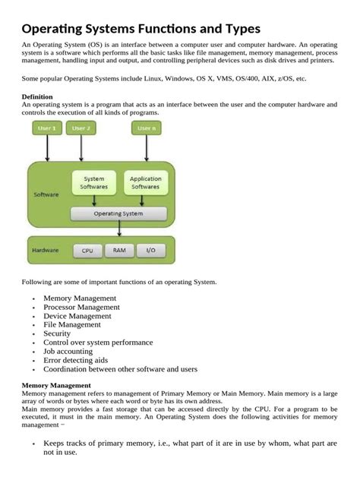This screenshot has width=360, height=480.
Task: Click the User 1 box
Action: tap(47, 128)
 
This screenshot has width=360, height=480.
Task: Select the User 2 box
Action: tap(81, 128)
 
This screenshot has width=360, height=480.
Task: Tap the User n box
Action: tap(146, 128)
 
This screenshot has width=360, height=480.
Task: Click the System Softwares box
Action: tap(94, 183)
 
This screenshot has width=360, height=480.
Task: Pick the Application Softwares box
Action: tap(145, 183)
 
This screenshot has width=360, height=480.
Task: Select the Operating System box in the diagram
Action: tap(118, 213)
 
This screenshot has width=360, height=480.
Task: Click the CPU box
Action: tap(87, 250)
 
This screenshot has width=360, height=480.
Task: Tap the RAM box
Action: tap(119, 249)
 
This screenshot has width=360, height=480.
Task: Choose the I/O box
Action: tap(150, 249)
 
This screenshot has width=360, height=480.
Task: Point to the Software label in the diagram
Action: tap(46, 194)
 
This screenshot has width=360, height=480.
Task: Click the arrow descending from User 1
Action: tap(47, 148)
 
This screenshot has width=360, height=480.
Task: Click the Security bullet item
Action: tap(57, 333)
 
